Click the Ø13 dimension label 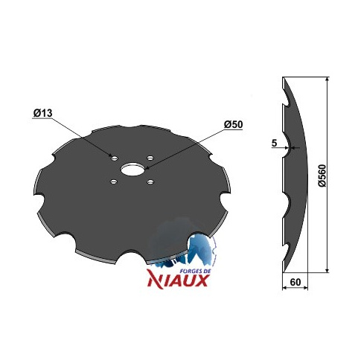point(42,113)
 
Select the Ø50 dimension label point(233,124)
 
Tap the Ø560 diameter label point(322,176)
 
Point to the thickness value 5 point(274,143)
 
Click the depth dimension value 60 point(295,282)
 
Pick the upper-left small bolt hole point(115,158)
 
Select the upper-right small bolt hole point(150,158)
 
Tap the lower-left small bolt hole point(114,181)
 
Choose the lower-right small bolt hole point(150,182)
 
